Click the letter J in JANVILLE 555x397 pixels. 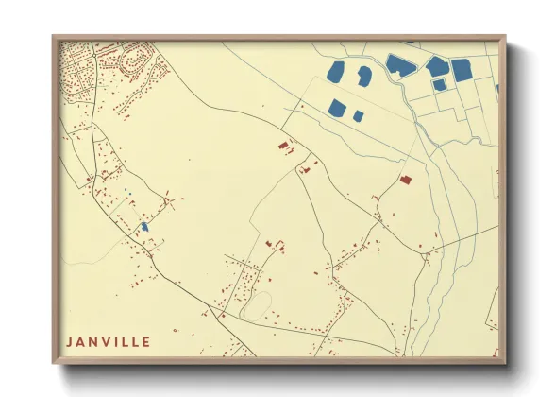coord(69,342)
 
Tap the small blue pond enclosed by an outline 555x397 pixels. coord(440,85)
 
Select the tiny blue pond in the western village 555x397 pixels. coord(144,227)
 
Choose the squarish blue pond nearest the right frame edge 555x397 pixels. coord(462,70)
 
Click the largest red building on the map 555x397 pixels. coord(405,178)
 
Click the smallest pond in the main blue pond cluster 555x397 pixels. coord(359,116)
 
